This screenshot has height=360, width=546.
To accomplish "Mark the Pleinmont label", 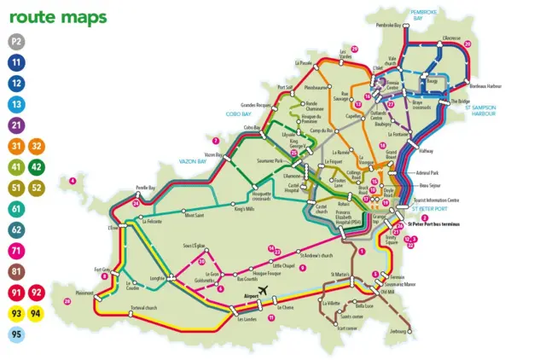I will pyautogui.click(x=84, y=293).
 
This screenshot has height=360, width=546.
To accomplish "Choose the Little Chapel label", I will pyautogui.click(x=270, y=265).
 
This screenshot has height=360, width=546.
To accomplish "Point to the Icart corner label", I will pyautogui.click(x=347, y=328).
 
